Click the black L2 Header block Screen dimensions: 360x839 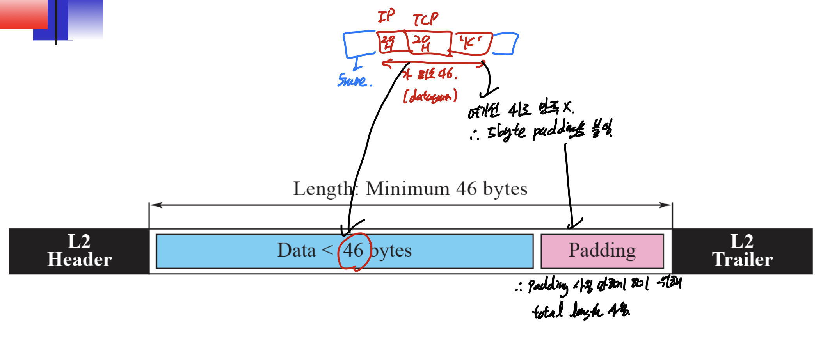79,251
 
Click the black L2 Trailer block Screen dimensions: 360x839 742,251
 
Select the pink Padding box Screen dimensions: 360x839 602,251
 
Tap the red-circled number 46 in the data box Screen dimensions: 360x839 353,251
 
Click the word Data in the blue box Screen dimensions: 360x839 296,251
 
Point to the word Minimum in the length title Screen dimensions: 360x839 407,189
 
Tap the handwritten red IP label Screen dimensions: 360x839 386,16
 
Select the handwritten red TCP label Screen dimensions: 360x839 425,19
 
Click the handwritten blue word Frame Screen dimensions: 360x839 354,80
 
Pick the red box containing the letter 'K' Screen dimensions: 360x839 471,43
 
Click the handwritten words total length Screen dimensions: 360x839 568,311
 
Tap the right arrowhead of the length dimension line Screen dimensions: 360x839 668,205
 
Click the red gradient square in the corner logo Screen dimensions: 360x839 23,14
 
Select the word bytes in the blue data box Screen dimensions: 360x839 391,251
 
